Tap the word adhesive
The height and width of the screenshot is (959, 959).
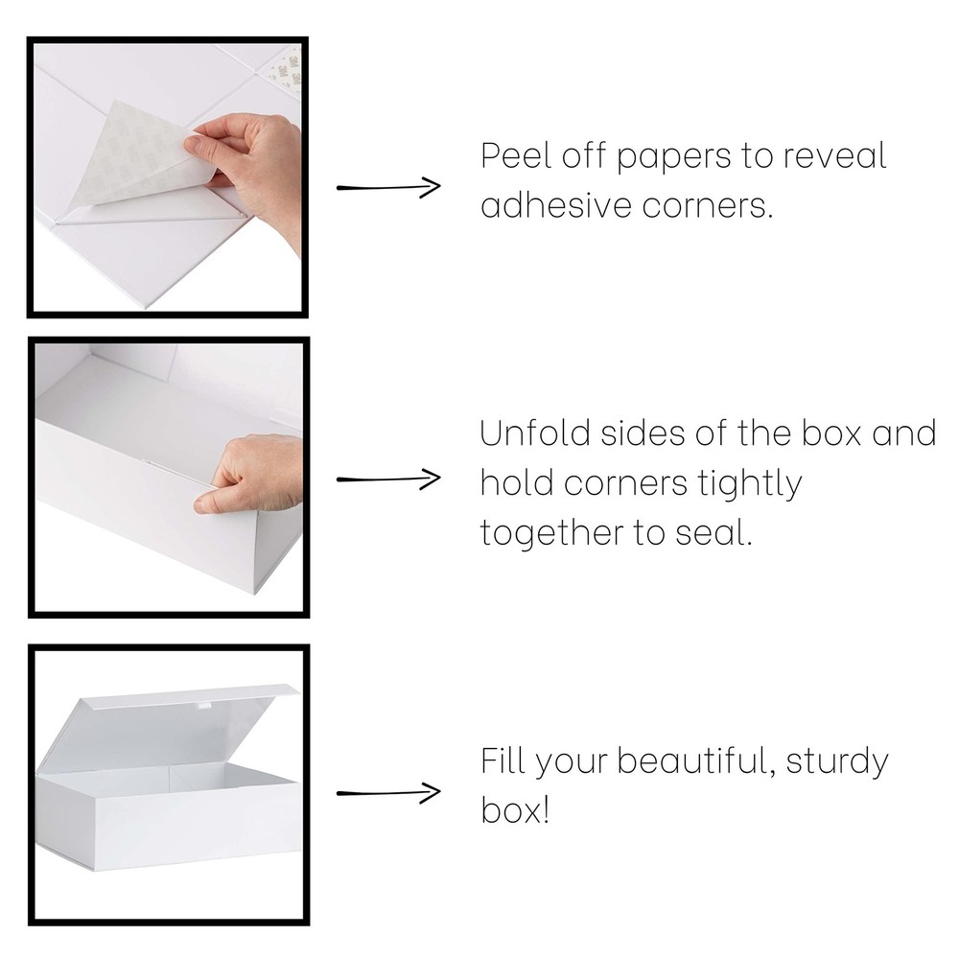pos(556,205)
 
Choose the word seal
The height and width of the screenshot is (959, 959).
pos(713,532)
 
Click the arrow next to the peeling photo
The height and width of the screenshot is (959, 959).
pos(388,187)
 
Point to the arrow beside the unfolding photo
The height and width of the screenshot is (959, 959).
pos(388,479)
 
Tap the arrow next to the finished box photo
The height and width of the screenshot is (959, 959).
pos(388,793)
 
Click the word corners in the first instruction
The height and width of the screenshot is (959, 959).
pos(708,206)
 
